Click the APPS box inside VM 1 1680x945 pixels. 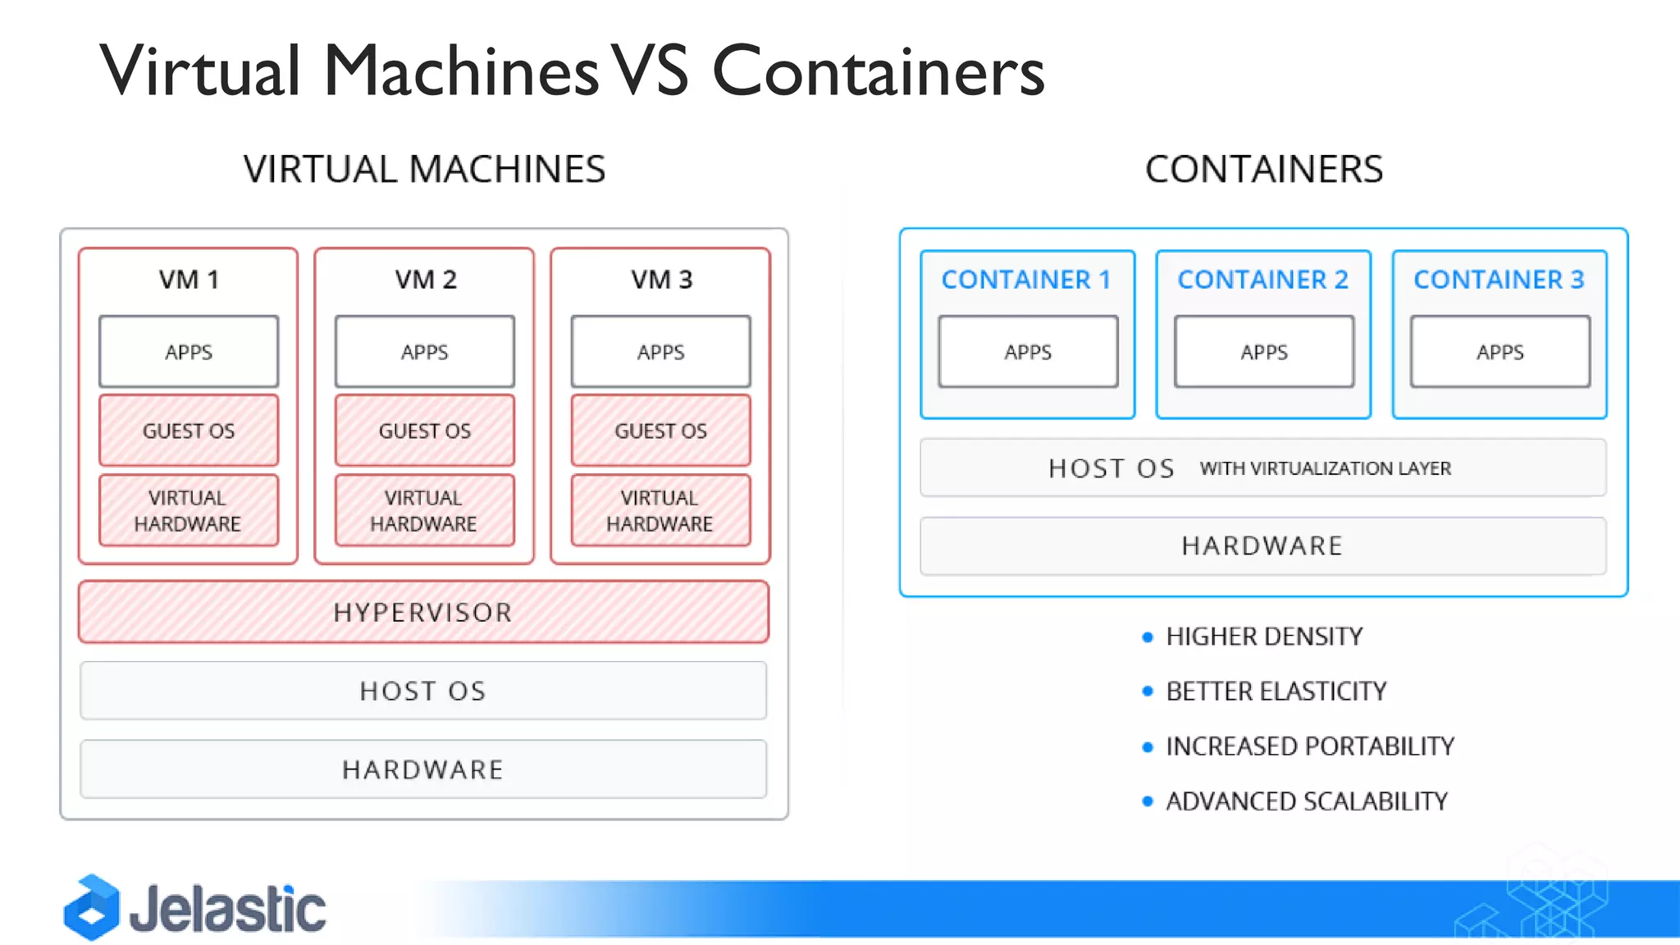189,351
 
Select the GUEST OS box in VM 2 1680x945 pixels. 424,431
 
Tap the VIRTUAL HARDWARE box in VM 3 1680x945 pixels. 660,510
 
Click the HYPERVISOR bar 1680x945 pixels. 423,612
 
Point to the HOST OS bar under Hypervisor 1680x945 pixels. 423,691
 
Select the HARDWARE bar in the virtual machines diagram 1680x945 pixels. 423,769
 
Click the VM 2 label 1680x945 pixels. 425,280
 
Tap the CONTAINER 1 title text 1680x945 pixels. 1026,280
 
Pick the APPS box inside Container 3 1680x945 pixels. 1500,351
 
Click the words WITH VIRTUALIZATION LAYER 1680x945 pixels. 1325,468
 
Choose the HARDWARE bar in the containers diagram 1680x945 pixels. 1262,546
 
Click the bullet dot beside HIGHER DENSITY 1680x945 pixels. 1148,637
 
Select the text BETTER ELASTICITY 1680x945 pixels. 1276,692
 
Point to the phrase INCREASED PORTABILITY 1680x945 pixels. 1310,746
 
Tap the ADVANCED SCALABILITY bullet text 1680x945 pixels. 1307,801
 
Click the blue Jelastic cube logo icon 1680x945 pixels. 92,908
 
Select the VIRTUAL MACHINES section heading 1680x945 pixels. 424,170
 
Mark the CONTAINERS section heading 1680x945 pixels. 1263,170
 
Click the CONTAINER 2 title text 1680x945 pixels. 1262,280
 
